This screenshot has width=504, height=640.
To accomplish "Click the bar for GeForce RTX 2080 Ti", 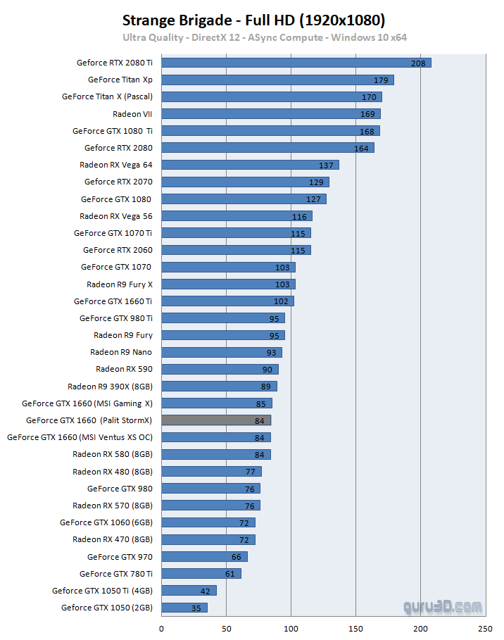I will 296,63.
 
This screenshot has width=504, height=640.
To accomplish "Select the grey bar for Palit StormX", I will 216,420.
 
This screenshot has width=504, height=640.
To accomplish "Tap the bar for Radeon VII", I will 271,114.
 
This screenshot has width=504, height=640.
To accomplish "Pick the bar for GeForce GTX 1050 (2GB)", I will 184,608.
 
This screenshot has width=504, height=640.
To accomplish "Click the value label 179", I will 381,80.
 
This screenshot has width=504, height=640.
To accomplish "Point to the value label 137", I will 326,165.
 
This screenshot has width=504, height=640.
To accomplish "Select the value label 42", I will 204,591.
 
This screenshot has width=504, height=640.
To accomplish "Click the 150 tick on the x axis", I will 355,629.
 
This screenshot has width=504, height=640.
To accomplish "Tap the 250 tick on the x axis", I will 485,629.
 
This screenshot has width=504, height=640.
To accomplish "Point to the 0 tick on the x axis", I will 162,629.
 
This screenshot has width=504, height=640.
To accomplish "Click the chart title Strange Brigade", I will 253,19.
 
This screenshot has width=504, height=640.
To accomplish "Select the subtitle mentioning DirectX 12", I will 265,37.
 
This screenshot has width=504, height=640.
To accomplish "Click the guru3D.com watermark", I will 443,606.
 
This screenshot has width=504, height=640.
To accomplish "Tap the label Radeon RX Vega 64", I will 116,165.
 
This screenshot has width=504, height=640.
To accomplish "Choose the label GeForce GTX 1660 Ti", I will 113,301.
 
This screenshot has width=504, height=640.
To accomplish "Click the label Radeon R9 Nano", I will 121,352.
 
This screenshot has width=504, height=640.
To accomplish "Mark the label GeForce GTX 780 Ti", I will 116,574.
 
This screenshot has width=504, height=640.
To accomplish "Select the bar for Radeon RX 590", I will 220,369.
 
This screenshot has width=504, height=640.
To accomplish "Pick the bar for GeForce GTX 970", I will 204,557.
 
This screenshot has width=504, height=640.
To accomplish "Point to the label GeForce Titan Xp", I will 120,80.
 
